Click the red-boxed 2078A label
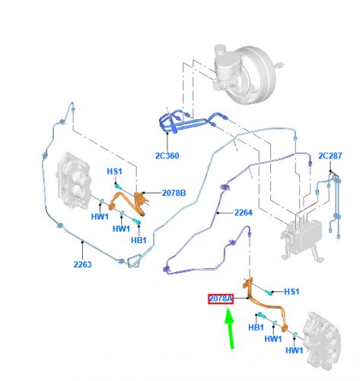click(221, 299)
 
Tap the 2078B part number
click(174, 193)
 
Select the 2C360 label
click(167, 155)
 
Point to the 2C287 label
click(330, 155)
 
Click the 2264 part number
click(244, 213)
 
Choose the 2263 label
click(83, 264)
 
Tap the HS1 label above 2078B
click(114, 171)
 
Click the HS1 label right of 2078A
click(292, 292)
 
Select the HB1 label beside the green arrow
click(256, 328)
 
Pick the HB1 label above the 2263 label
click(139, 240)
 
